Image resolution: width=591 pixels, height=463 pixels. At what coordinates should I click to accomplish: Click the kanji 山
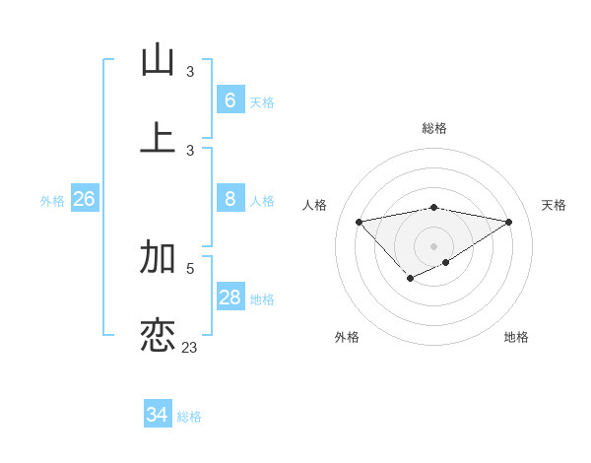pyautogui.click(x=158, y=60)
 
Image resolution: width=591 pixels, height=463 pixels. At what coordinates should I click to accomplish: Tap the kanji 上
pyautogui.click(x=158, y=138)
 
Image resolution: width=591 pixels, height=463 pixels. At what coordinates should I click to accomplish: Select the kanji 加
pyautogui.click(x=158, y=257)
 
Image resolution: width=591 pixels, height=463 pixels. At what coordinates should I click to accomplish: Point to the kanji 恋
pyautogui.click(x=158, y=335)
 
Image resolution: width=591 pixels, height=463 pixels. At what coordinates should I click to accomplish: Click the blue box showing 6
pyautogui.click(x=230, y=100)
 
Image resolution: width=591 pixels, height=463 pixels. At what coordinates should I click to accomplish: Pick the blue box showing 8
pyautogui.click(x=230, y=199)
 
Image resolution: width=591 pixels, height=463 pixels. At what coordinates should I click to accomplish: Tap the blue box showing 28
pyautogui.click(x=230, y=298)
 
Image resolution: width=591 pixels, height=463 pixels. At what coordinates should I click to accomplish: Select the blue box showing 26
pyautogui.click(x=84, y=199)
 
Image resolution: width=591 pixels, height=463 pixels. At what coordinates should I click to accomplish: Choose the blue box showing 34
pyautogui.click(x=157, y=415)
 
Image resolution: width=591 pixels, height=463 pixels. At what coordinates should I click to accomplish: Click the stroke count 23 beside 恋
pyautogui.click(x=190, y=348)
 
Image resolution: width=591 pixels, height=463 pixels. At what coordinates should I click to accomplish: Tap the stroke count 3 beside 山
pyautogui.click(x=190, y=72)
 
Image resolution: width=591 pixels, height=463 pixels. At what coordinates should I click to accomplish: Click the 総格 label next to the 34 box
pyautogui.click(x=189, y=417)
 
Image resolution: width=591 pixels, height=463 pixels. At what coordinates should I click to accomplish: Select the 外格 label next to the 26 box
pyautogui.click(x=52, y=201)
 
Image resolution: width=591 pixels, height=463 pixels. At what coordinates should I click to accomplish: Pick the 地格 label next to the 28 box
pyautogui.click(x=262, y=299)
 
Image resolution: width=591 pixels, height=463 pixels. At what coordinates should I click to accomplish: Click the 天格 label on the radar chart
pyautogui.click(x=554, y=205)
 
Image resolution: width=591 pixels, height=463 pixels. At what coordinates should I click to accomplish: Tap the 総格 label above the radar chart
pyautogui.click(x=433, y=128)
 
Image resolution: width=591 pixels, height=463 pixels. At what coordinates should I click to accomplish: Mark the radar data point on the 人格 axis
pyautogui.click(x=359, y=221)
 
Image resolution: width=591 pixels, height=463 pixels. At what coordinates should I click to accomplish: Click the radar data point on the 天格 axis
pyautogui.click(x=508, y=222)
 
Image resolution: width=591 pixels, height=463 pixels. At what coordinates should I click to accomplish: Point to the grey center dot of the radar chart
pyautogui.click(x=433, y=245)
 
